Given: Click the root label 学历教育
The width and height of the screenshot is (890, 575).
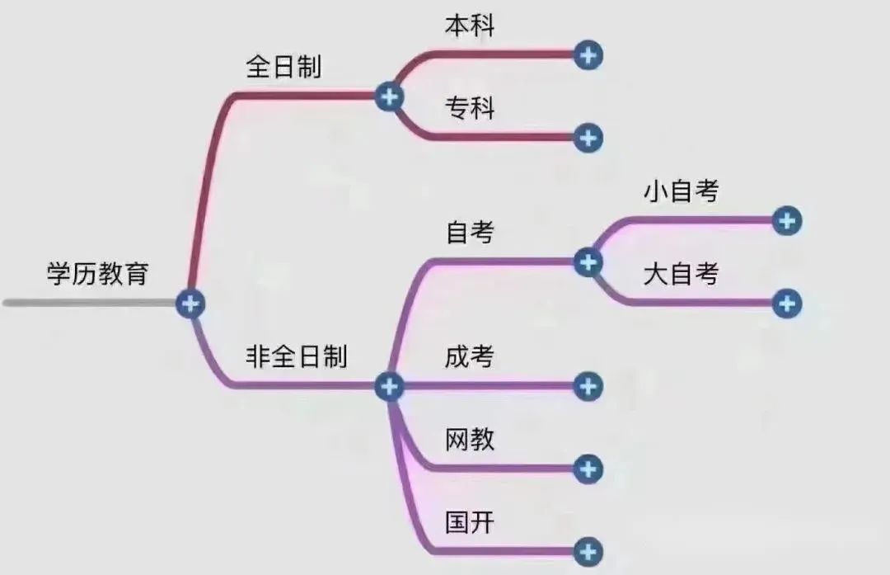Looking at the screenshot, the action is pyautogui.click(x=97, y=273).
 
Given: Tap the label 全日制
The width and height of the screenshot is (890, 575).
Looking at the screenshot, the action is pyautogui.click(x=283, y=67).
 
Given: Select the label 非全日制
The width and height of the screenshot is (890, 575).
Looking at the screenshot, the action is pyautogui.click(x=297, y=356).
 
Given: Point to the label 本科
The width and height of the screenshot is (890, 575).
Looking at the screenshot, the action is pyautogui.click(x=470, y=26).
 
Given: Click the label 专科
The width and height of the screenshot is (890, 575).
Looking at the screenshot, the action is pyautogui.click(x=470, y=108).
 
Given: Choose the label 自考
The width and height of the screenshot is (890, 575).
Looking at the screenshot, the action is pyautogui.click(x=470, y=233).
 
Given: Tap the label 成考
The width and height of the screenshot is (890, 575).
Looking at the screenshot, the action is pyautogui.click(x=470, y=356).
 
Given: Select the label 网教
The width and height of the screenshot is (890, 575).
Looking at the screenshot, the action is pyautogui.click(x=470, y=439).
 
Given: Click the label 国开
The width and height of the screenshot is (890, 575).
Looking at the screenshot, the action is pyautogui.click(x=470, y=522).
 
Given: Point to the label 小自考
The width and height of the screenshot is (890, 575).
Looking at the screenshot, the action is pyautogui.click(x=681, y=191).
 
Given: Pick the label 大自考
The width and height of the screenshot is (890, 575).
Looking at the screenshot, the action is pyautogui.click(x=681, y=274).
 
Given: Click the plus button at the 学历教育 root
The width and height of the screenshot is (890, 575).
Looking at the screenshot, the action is pyautogui.click(x=190, y=304).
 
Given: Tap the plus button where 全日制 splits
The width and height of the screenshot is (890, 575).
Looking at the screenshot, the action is pyautogui.click(x=389, y=97).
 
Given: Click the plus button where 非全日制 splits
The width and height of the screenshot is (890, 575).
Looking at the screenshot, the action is pyautogui.click(x=389, y=386).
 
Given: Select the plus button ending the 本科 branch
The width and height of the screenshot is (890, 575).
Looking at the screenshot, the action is pyautogui.click(x=588, y=55).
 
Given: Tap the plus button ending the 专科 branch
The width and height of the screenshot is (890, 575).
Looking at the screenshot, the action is pyautogui.click(x=588, y=138).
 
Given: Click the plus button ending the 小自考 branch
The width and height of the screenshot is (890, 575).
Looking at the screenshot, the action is pyautogui.click(x=787, y=220).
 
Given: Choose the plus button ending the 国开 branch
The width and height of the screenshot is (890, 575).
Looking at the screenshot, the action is pyautogui.click(x=588, y=552).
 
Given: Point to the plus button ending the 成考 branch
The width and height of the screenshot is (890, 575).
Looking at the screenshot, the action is pyautogui.click(x=588, y=386).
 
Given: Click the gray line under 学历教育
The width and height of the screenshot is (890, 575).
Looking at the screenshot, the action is pyautogui.click(x=90, y=303).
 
